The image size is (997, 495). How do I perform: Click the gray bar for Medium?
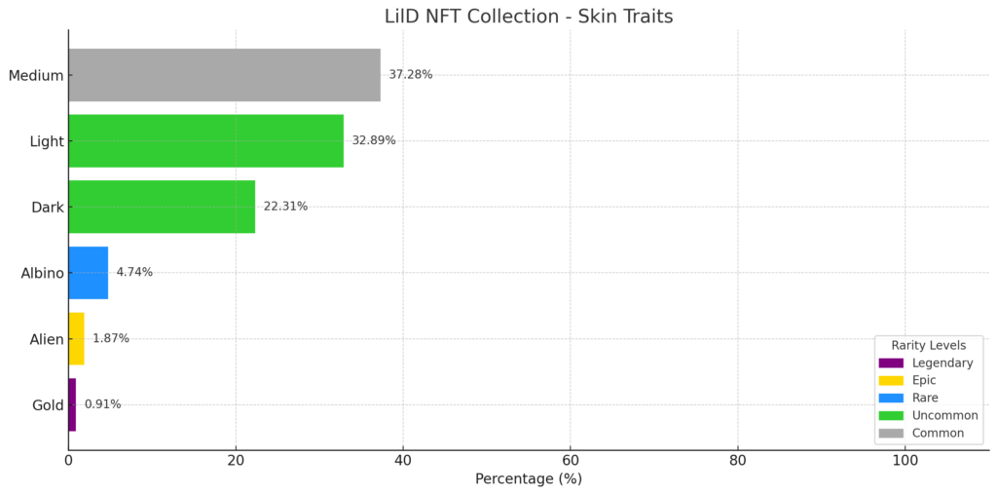[224, 75]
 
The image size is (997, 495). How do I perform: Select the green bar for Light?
[205, 140]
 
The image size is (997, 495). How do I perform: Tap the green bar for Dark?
[162, 207]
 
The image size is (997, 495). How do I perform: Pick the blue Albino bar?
[88, 273]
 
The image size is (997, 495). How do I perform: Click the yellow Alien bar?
[76, 339]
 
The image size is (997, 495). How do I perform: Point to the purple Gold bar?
[72, 404]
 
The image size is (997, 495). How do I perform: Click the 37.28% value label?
[410, 75]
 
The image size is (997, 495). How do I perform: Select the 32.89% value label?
[374, 140]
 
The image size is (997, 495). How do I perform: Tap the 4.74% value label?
[134, 273]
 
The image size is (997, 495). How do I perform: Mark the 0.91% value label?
[102, 404]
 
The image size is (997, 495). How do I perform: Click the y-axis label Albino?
[42, 273]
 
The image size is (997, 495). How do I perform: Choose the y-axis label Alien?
[47, 339]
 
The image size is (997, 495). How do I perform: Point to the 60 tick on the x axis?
[571, 460]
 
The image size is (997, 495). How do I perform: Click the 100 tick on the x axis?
[905, 460]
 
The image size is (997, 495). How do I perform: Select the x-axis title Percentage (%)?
[528, 479]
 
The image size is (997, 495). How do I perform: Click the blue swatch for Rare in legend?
[890, 399]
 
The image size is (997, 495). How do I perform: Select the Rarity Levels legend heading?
[929, 346]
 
